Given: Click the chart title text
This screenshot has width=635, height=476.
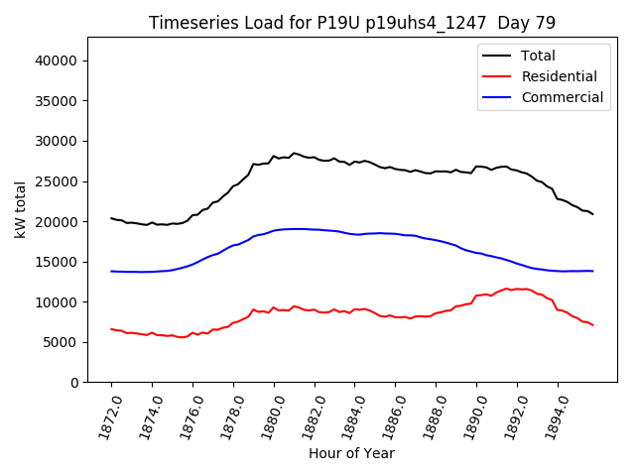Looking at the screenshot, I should click(x=351, y=22).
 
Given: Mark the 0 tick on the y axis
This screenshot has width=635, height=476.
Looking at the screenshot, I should click(x=75, y=383).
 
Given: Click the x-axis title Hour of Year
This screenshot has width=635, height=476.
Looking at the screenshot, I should click(x=351, y=453).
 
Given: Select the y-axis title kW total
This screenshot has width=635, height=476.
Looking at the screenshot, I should click(x=20, y=209).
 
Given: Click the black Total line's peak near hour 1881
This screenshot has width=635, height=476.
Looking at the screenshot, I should click(x=294, y=153).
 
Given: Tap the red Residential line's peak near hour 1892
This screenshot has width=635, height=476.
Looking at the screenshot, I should click(x=507, y=289).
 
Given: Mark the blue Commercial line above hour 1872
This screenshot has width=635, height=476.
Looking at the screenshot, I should click(x=112, y=271).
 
